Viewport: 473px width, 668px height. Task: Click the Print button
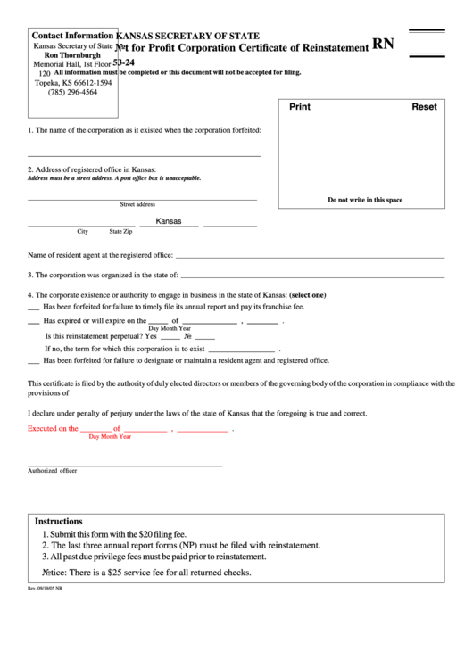[300, 107]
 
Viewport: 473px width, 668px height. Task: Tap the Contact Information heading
[73, 35]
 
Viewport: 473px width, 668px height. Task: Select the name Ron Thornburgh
[72, 54]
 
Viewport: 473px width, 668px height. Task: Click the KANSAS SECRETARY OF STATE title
[189, 36]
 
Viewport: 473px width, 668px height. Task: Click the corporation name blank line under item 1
[144, 155]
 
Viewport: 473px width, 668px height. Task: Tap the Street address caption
[137, 204]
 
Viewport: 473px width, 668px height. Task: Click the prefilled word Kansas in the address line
[169, 221]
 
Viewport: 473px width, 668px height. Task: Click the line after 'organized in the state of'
[311, 276]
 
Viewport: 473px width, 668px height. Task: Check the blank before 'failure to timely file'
[33, 307]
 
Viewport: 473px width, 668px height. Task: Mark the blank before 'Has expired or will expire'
[33, 321]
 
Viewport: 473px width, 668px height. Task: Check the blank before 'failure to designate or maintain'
[33, 361]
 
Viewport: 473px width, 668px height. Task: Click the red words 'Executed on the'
[53, 428]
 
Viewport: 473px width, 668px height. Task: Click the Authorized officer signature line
[125, 465]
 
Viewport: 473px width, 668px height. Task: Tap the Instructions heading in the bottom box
[59, 521]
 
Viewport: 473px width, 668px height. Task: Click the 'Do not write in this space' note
[365, 200]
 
